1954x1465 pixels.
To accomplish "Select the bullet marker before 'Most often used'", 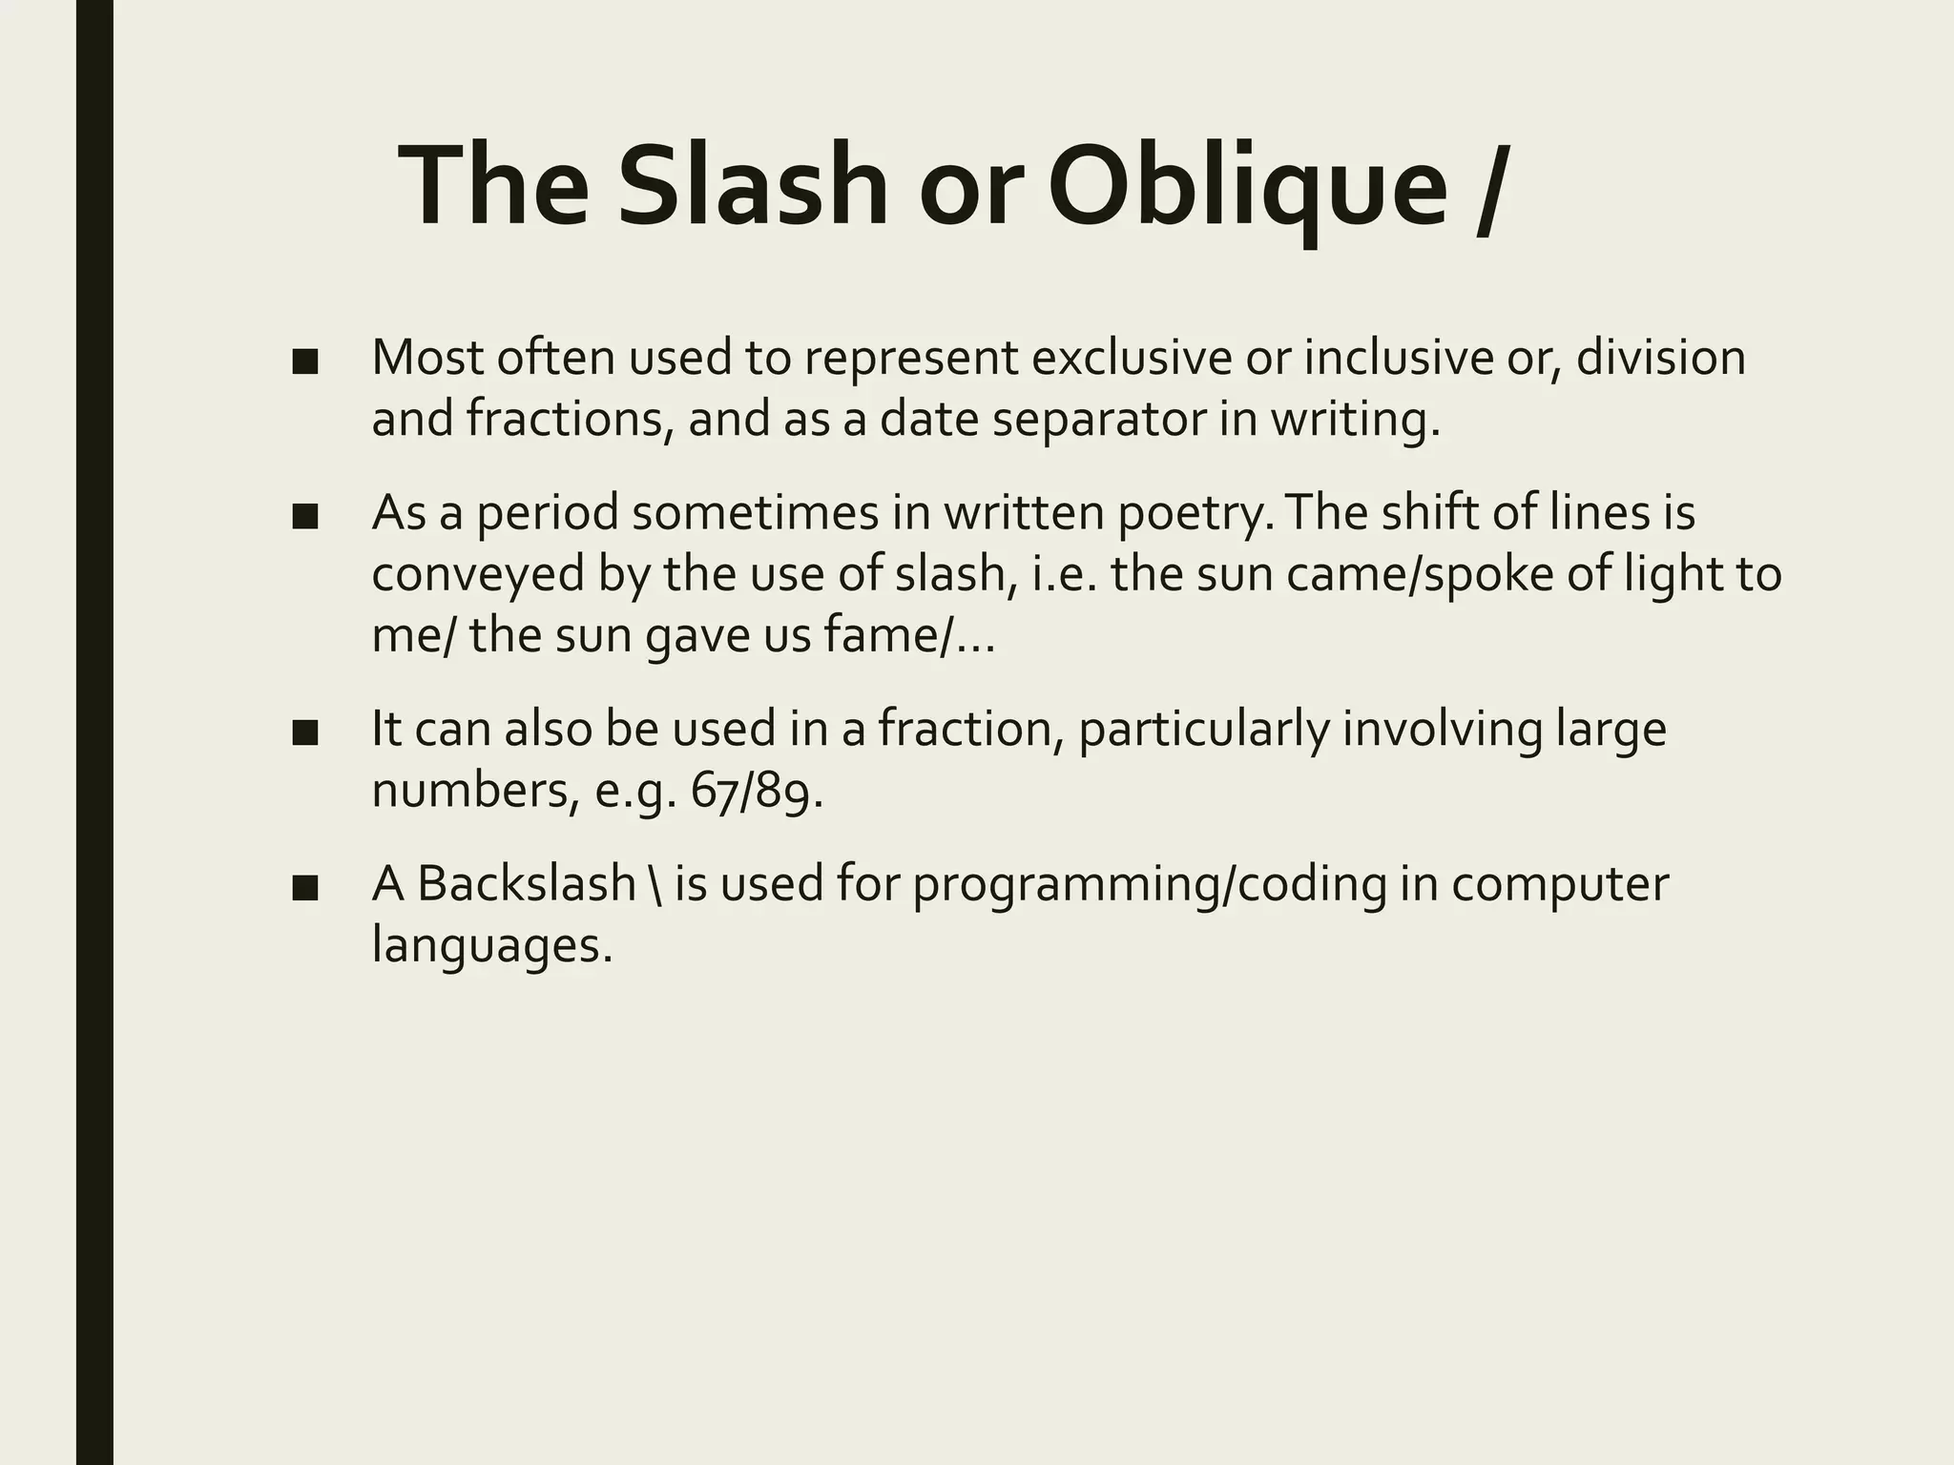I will click(305, 362).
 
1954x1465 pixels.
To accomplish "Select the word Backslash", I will click(527, 884).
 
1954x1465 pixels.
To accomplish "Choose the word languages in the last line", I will click(490, 946).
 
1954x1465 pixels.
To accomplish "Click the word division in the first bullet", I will click(1660, 359).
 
